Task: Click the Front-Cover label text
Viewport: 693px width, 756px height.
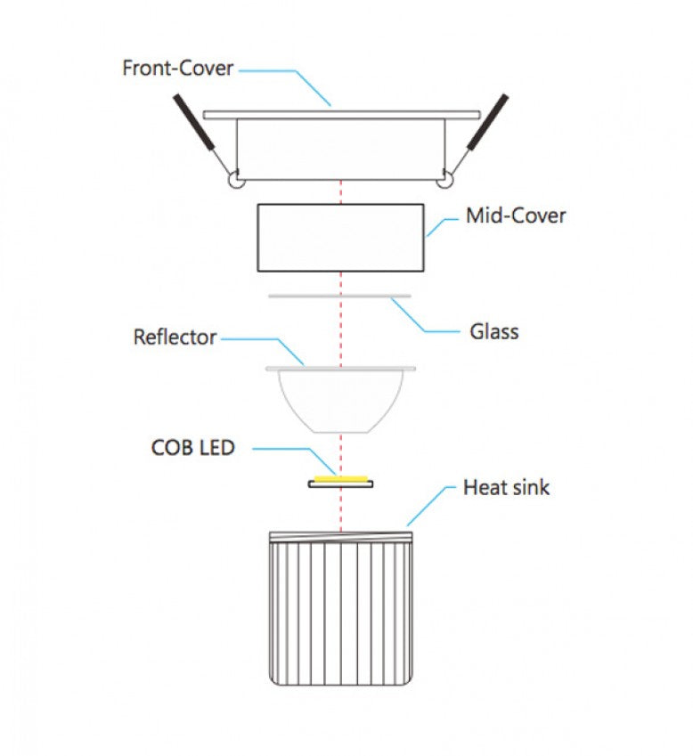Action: point(178,68)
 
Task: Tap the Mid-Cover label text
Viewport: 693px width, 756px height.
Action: point(515,215)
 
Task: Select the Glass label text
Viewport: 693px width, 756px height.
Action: point(494,332)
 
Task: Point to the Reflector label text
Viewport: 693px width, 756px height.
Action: point(175,337)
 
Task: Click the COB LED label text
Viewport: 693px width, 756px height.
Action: point(193,447)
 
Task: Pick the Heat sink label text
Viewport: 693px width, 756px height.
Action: point(506,487)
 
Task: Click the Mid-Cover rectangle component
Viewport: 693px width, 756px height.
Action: point(340,238)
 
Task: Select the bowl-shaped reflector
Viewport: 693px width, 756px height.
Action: point(341,399)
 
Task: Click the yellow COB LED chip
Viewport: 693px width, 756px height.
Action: point(341,480)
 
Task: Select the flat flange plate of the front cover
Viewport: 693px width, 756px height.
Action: point(341,115)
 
